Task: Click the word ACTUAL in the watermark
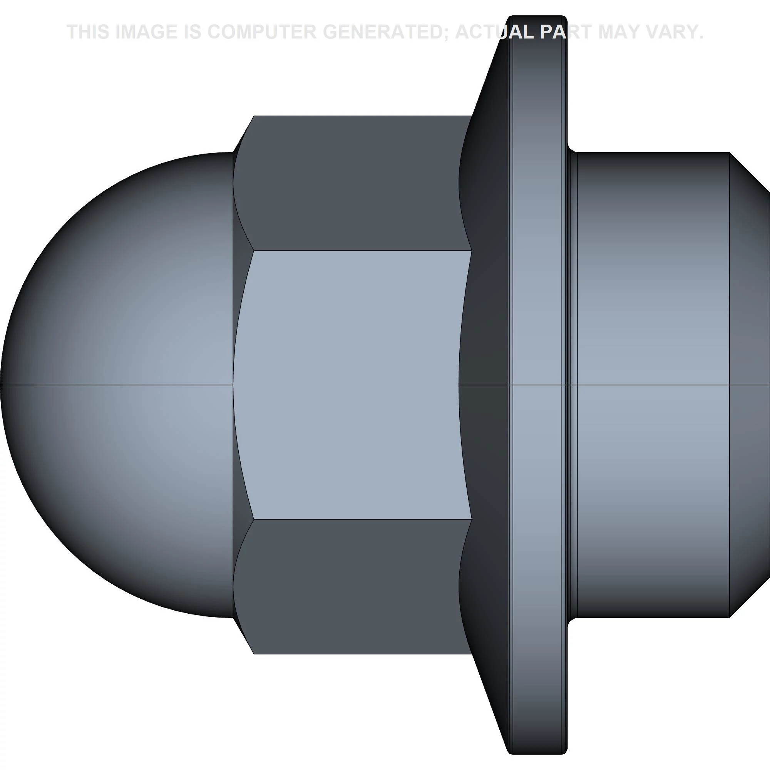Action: pos(494,32)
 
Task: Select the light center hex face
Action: pos(353,385)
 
